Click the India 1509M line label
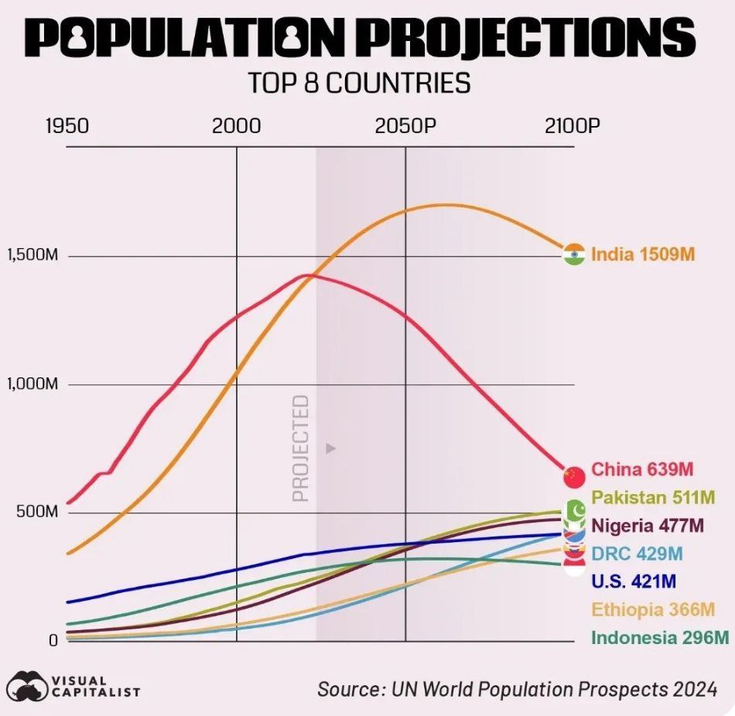click(x=643, y=254)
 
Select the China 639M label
click(x=642, y=469)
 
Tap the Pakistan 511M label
click(x=652, y=497)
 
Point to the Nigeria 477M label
click(x=648, y=526)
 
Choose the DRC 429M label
click(x=637, y=554)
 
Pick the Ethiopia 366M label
click(x=653, y=609)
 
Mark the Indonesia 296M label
click(x=660, y=638)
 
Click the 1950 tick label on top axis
click(x=67, y=126)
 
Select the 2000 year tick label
click(x=236, y=126)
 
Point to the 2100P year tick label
click(x=573, y=126)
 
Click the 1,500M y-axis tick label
click(x=32, y=256)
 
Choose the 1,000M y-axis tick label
click(x=32, y=384)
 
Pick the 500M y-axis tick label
click(x=32, y=513)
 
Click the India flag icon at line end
click(x=573, y=254)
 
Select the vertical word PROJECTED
click(x=301, y=448)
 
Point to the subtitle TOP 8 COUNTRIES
click(x=359, y=83)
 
